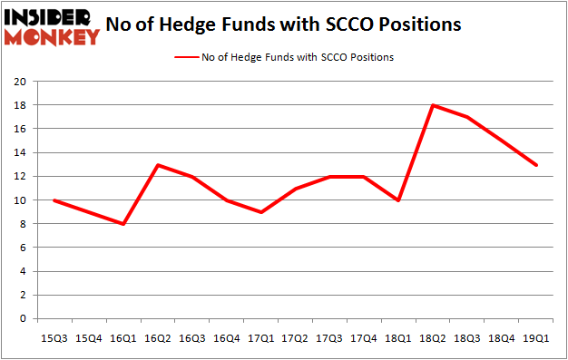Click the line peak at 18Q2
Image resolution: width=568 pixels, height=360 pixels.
coord(433,105)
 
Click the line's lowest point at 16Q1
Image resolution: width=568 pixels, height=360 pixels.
coord(123,224)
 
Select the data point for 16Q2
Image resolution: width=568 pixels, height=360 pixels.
coord(158,165)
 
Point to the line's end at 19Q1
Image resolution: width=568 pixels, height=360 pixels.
coord(536,165)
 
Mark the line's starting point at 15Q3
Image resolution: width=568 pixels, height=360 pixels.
coord(54,200)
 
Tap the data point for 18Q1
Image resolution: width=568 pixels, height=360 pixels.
coord(398,200)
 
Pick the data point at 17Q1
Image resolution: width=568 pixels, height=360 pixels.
coord(260,212)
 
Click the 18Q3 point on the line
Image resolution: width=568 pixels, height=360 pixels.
coord(467,117)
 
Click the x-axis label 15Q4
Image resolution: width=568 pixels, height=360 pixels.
coord(89,338)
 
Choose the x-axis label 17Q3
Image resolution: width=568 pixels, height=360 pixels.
coord(329,338)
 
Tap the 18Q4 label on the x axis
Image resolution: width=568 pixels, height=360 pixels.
coord(502,338)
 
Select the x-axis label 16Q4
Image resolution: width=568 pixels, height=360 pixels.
coord(226,338)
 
